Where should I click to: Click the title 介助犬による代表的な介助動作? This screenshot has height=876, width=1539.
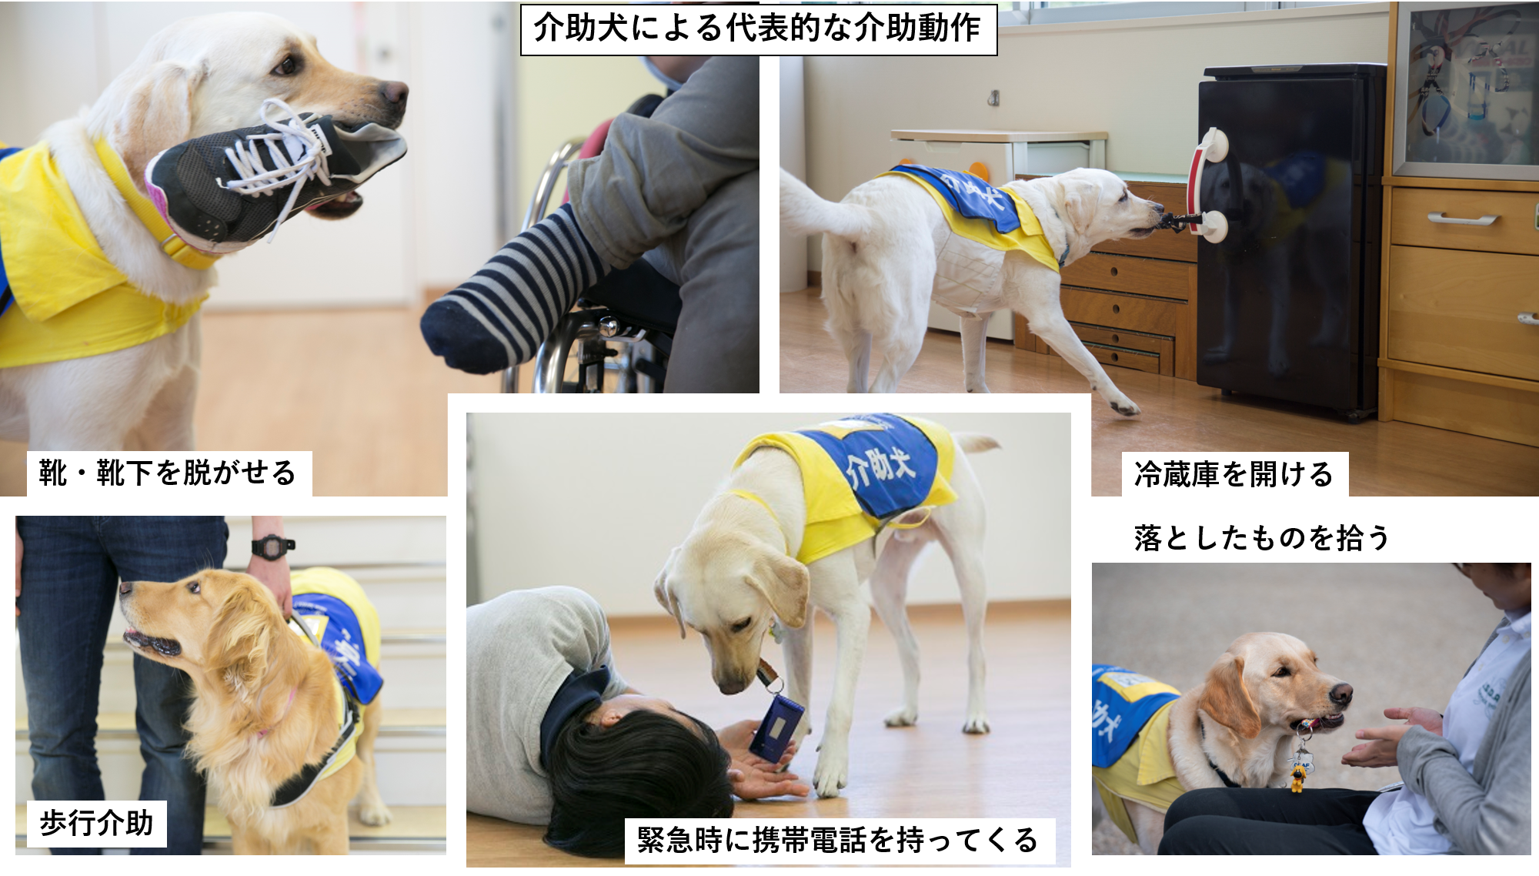point(758,29)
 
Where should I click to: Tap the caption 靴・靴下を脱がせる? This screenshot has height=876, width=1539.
point(168,473)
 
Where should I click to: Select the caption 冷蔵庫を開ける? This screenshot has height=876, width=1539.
point(1234,474)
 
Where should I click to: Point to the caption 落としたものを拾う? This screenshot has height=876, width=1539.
point(1262,538)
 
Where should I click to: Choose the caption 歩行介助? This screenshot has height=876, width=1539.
point(97,823)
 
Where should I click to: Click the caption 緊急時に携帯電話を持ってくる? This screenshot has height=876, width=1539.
point(838,840)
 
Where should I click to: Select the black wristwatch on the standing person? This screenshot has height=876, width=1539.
point(271,547)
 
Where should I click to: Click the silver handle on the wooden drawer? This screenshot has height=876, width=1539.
point(1462,219)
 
